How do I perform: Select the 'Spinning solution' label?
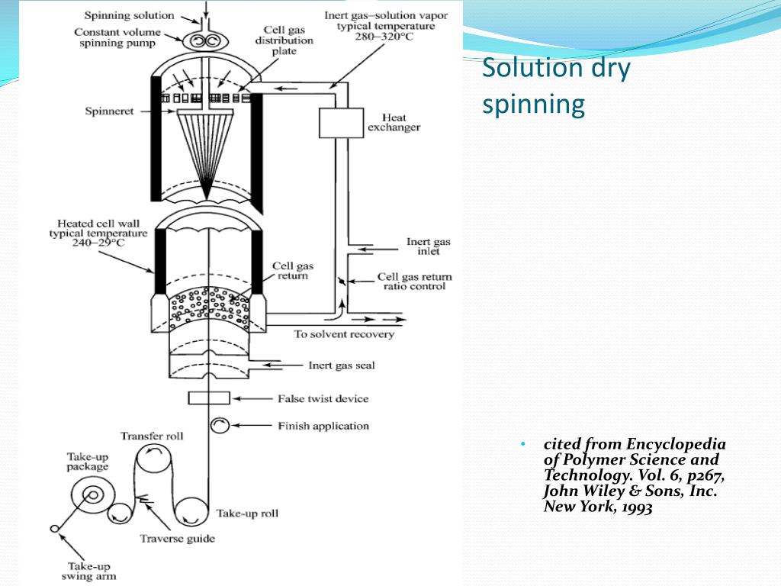pos(129,14)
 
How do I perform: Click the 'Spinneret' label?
pos(109,111)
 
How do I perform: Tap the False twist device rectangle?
pos(208,398)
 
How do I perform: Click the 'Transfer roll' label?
pos(152,436)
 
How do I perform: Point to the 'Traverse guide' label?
pos(177,539)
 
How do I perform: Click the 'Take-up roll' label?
pos(246,512)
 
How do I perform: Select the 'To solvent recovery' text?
pos(344,334)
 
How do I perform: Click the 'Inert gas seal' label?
pos(341,365)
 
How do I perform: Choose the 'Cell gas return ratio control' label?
pos(414,282)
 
